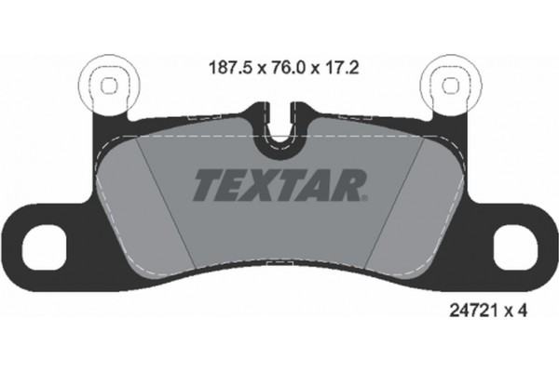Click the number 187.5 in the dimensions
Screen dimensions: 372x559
tap(225, 67)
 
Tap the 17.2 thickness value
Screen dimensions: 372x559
tap(338, 67)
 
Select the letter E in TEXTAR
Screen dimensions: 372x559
tap(231, 185)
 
